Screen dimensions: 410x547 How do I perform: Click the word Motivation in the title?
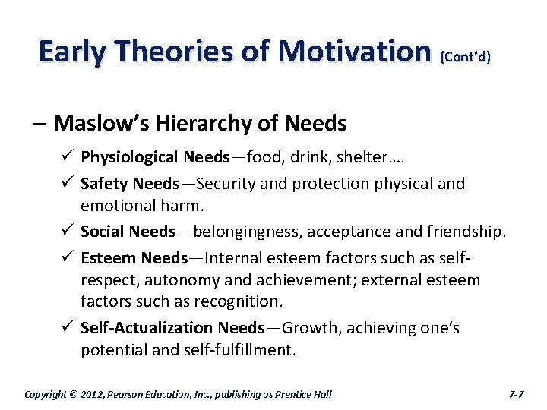[354, 52]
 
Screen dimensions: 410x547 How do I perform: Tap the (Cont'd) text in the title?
[464, 56]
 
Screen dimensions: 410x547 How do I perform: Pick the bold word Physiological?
[130, 157]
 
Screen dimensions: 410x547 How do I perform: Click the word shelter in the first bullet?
[377, 157]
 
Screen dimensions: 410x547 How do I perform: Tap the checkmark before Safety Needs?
[65, 183]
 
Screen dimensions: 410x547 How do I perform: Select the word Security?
[232, 183]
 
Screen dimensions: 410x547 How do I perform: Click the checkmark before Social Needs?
[65, 231]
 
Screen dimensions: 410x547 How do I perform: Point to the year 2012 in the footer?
[93, 394]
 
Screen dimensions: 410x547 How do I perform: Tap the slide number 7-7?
[516, 394]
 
